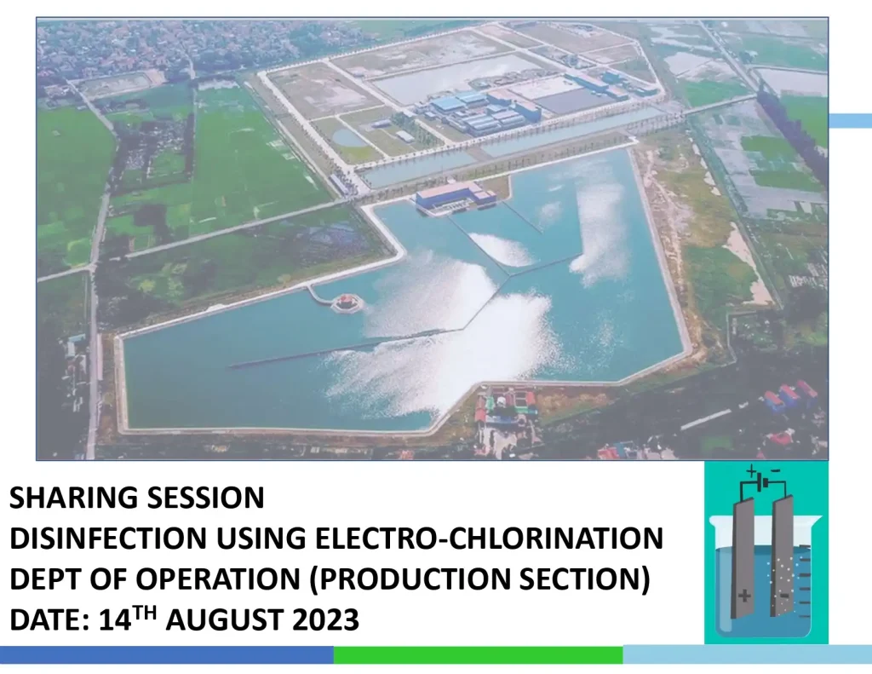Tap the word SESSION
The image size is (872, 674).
[x=201, y=498]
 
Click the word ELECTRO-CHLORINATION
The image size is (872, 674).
[x=489, y=539]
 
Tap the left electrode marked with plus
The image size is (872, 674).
[x=743, y=554]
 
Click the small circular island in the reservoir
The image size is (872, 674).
[x=346, y=302]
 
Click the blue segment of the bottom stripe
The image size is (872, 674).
[x=166, y=655]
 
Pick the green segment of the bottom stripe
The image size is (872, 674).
[x=478, y=655]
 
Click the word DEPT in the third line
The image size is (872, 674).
[x=41, y=580]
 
